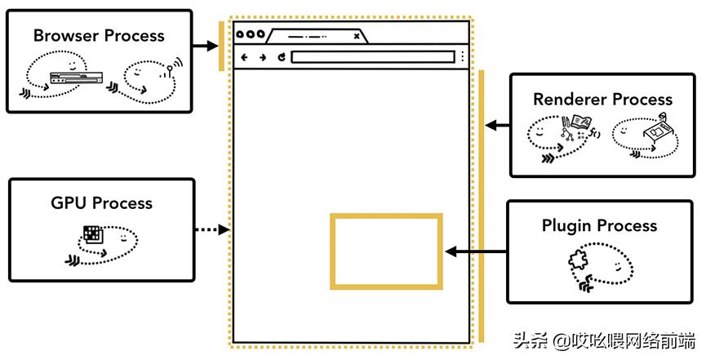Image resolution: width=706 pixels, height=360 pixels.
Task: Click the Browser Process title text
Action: click(x=99, y=36)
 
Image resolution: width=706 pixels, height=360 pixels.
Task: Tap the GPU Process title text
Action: click(x=102, y=203)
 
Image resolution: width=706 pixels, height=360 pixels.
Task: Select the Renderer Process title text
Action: click(x=602, y=100)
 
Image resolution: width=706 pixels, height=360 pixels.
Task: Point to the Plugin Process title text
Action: click(x=599, y=225)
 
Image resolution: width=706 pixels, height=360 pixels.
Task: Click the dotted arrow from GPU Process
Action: click(x=211, y=231)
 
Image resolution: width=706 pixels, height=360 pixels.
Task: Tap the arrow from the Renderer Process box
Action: click(x=495, y=126)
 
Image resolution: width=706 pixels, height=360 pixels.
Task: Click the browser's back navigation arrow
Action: click(x=244, y=57)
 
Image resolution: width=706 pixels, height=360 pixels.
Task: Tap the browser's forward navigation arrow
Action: click(x=262, y=57)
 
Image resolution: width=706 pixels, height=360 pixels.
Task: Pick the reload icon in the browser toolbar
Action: click(x=281, y=57)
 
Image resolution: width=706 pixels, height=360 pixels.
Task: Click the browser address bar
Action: click(x=372, y=57)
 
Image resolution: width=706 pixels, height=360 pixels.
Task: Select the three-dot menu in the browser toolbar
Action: click(x=463, y=57)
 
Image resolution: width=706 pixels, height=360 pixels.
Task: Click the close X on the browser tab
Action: click(x=356, y=36)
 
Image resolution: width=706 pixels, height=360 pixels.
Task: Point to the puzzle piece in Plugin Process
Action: click(x=577, y=260)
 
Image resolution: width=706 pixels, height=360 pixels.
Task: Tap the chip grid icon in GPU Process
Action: click(x=94, y=234)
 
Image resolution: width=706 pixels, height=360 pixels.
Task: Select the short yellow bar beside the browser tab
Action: click(x=221, y=47)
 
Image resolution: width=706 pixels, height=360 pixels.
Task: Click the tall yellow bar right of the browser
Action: click(x=481, y=204)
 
